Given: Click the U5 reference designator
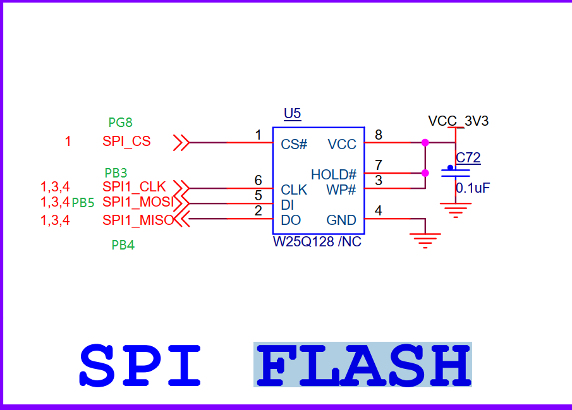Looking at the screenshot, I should pos(292,114).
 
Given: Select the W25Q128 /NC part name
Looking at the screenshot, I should pos(317,242).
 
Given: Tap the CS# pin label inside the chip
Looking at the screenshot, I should pos(294,144).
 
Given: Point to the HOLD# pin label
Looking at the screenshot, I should pos(333,174).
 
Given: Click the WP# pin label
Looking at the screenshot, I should pos(341,190).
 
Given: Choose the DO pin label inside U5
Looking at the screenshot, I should pos(291,220).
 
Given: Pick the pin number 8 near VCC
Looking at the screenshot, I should pos(379,134).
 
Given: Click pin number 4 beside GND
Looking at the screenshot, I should pos(379,210).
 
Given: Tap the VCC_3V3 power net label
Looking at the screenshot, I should pos(458,121).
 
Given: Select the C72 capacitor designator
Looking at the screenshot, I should pos(468,158).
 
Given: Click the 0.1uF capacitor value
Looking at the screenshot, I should pos(473,188).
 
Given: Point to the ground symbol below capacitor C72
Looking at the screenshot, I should pos(455,209).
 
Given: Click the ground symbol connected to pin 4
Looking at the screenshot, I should pos(425,239).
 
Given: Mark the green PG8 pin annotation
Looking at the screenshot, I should pos(120,123).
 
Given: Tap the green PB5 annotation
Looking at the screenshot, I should pos(83,203).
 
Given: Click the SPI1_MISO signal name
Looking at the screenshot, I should pos(138,220).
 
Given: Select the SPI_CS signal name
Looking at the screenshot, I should pos(126,142).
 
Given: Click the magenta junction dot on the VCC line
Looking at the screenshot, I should pos(425,143).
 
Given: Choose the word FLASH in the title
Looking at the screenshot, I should pos(363,365).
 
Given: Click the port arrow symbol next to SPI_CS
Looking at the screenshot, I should pos(181,143).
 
